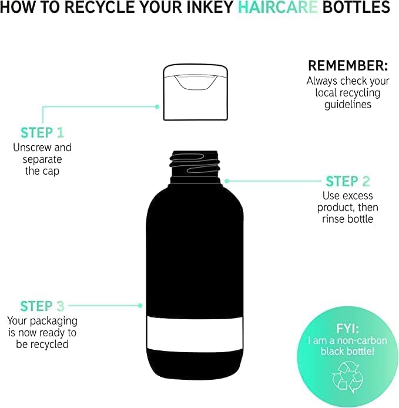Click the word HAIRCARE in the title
(278, 7)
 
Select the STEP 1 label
(42, 132)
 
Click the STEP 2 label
(348, 181)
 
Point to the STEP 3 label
(42, 306)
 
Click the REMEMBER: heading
(348, 65)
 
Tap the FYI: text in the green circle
(347, 329)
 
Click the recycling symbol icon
(347, 377)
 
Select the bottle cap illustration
(195, 92)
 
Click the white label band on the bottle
(195, 334)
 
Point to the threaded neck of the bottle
(195, 166)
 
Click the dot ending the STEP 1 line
(157, 106)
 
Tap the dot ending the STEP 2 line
(227, 181)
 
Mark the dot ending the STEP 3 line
(140, 306)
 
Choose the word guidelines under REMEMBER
(348, 105)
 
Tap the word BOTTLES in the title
(356, 7)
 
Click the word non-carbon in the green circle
(362, 340)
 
